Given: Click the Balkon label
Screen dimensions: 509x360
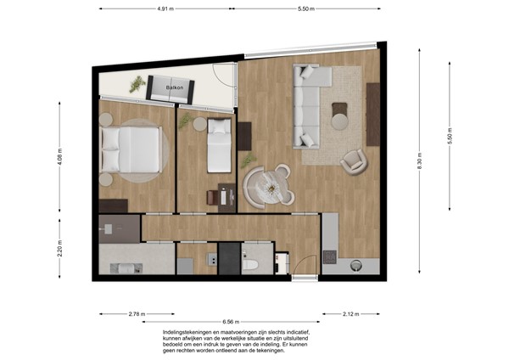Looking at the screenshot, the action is click(175, 87).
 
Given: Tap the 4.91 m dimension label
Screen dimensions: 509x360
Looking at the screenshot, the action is click(165, 8).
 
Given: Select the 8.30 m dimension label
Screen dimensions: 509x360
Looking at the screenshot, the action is click(420, 160).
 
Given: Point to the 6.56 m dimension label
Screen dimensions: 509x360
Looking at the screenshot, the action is click(231, 322).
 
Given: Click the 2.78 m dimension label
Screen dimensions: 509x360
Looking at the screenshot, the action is click(137, 314).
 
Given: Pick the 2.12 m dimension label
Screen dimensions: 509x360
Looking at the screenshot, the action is click(351, 314).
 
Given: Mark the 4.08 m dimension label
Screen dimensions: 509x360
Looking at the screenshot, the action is click(59, 156).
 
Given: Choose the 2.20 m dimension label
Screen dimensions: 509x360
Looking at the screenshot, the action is click(59, 249).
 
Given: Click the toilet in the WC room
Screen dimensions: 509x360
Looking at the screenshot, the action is click(250, 264).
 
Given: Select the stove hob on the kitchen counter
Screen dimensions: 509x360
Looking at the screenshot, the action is click(330, 257).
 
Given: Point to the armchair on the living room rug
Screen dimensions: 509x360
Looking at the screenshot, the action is click(354, 162).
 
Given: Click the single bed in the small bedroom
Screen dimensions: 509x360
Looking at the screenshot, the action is click(219, 145).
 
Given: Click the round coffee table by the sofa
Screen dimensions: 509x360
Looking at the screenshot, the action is click(340, 121).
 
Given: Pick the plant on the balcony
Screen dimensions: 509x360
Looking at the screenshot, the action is click(137, 84).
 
